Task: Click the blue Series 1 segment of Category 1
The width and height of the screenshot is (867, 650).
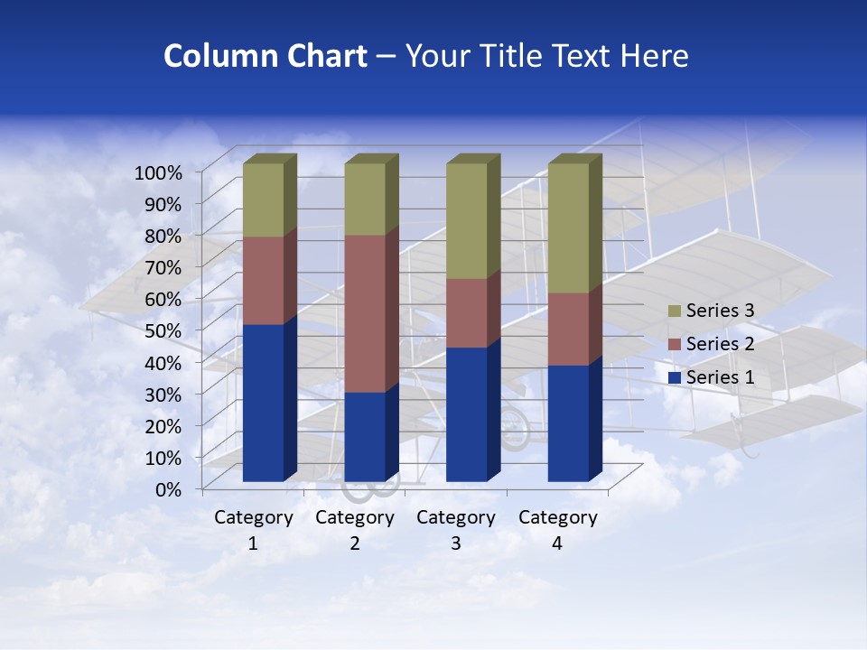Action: (263, 402)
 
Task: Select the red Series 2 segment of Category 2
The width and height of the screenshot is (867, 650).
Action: (365, 313)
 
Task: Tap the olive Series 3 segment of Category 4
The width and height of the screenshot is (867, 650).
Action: (568, 227)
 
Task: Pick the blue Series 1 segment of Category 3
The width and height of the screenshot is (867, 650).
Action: (467, 413)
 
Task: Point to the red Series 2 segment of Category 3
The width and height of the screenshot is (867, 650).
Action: (467, 312)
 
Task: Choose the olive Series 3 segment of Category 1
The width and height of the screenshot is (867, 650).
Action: (263, 200)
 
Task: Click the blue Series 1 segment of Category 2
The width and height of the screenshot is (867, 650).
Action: (365, 436)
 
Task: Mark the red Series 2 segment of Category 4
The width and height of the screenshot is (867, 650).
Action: (568, 329)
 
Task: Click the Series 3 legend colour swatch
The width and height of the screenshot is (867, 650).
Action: (675, 311)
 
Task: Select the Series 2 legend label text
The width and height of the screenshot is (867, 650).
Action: (720, 344)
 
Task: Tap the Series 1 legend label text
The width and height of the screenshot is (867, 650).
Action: (720, 377)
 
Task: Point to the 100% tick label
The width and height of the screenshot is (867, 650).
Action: (158, 172)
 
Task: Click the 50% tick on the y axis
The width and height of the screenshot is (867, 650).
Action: (163, 330)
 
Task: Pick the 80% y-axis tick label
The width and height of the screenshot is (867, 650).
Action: (163, 235)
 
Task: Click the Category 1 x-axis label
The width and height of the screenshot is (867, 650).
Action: (253, 530)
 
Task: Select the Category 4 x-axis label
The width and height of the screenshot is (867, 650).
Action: (557, 530)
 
